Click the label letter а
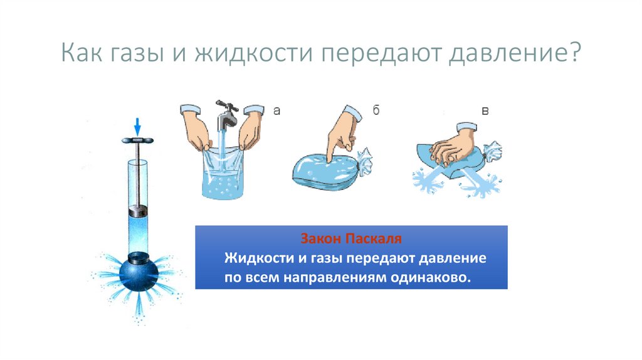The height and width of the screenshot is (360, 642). (x=276, y=111)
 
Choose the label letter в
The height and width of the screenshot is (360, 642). (x=484, y=111)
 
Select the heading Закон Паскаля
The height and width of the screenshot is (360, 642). (x=350, y=240)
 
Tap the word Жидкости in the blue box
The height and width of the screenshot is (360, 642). (x=253, y=258)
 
